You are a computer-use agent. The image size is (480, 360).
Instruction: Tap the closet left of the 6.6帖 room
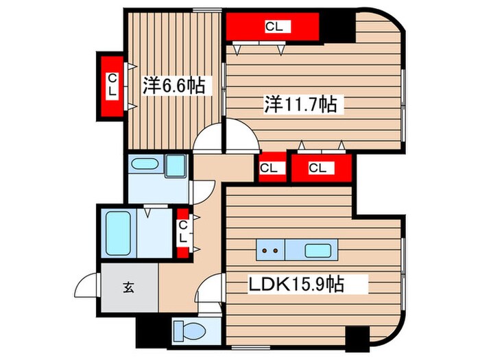[x=111, y=86]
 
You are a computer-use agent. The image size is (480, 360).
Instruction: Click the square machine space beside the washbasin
[x=176, y=165]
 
